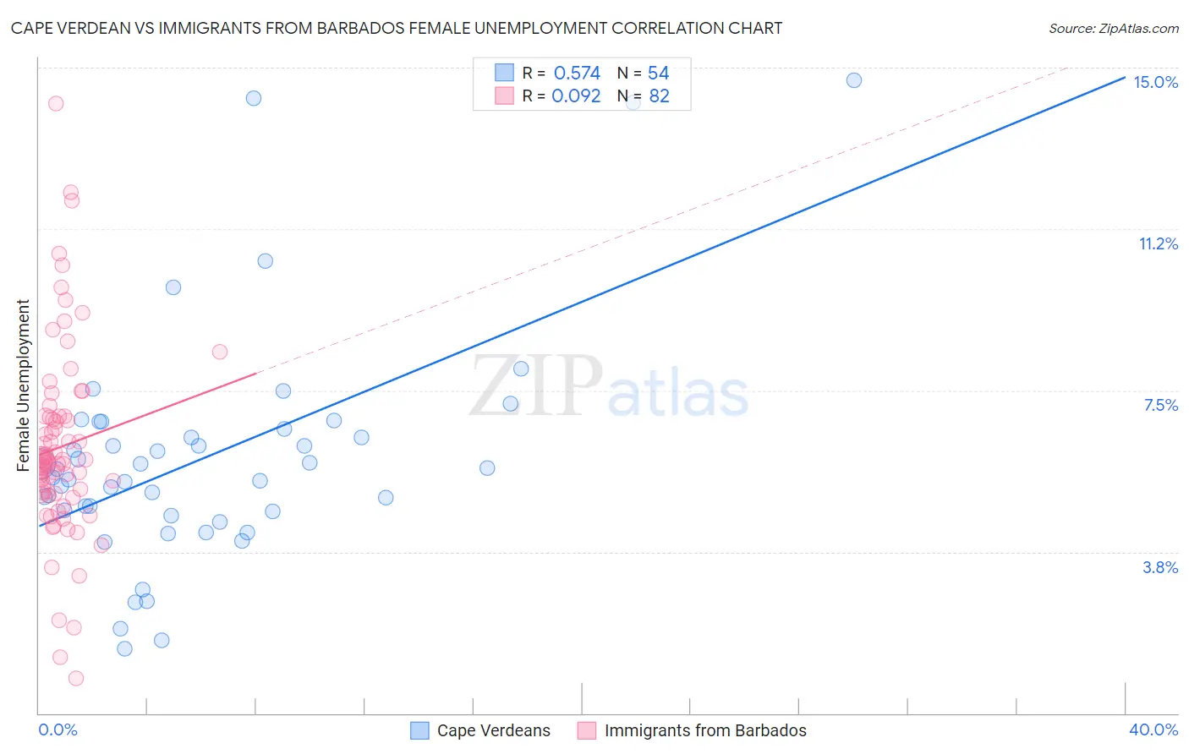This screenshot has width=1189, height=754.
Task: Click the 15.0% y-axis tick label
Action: click(x=1155, y=82)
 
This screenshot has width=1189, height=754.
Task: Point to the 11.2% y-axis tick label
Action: click(x=1158, y=244)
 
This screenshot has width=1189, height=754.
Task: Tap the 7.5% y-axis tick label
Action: click(x=1160, y=406)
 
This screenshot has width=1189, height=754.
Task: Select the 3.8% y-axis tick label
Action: click(x=1160, y=567)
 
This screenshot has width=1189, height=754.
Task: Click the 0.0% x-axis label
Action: click(x=58, y=729)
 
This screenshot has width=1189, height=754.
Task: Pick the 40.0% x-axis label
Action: click(x=1153, y=729)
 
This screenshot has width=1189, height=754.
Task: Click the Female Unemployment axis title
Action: click(x=24, y=385)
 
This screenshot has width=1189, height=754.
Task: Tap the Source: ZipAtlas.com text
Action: click(x=1113, y=28)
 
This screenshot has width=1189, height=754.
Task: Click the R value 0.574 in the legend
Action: click(x=577, y=74)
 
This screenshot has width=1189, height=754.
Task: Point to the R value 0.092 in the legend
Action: click(x=576, y=96)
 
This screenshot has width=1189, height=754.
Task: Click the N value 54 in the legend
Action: click(x=658, y=74)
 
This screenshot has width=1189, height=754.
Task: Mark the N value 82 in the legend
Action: click(x=659, y=96)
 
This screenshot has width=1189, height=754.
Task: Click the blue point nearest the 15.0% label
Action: click(x=854, y=80)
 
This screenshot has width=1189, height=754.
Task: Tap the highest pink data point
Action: click(x=56, y=104)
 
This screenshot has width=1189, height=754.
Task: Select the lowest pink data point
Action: click(x=76, y=679)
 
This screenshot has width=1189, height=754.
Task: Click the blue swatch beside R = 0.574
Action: click(x=504, y=73)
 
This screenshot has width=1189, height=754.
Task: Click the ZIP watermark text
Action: click(x=536, y=385)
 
